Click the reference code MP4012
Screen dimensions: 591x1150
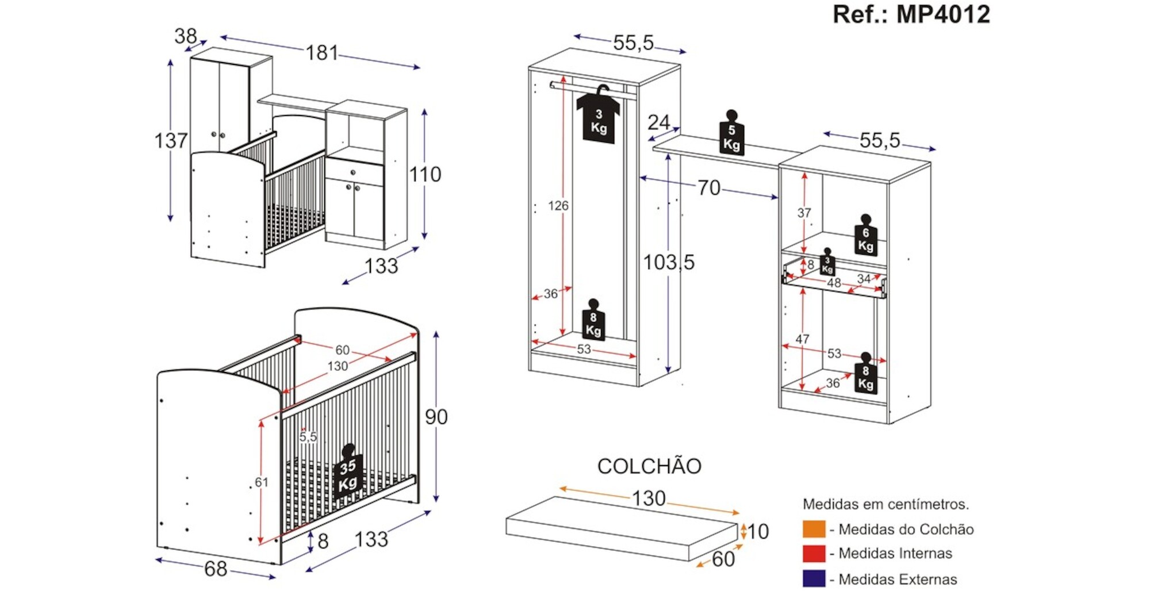943,14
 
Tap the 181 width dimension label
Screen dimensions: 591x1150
322,53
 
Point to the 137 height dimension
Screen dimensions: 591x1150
171,141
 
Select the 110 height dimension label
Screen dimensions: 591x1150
425,174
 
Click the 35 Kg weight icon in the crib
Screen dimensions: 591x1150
348,474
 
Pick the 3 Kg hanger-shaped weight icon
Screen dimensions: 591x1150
599,118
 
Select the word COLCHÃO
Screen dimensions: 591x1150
649,466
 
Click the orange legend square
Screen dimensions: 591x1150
814,529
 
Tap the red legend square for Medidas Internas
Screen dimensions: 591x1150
814,554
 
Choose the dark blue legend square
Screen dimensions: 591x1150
814,578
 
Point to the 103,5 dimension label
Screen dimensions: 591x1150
669,263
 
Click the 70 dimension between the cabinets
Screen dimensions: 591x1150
708,187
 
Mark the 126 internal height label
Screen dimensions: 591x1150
558,206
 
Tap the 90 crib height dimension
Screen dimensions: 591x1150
436,417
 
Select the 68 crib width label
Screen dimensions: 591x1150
216,569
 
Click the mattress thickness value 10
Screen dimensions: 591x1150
758,532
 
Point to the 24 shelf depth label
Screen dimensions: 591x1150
658,122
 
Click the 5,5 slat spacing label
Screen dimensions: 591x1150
308,437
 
